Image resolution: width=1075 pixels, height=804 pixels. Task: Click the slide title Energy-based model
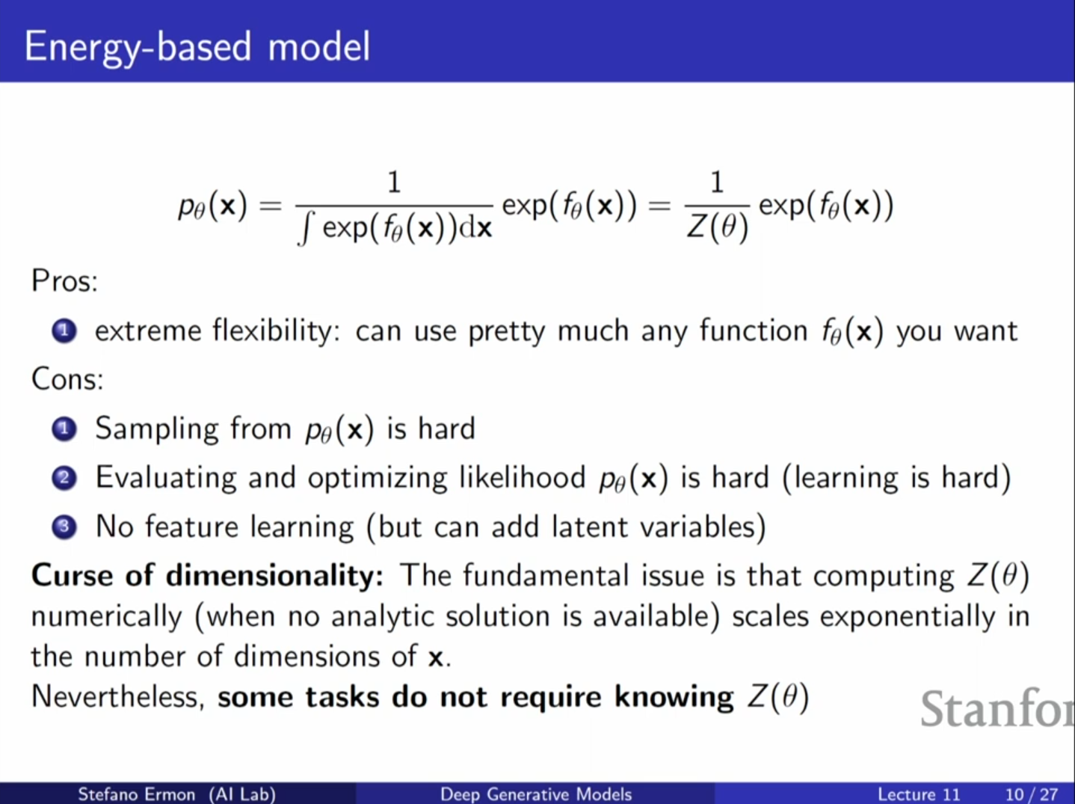(x=197, y=48)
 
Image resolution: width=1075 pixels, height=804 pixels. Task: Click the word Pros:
(x=64, y=281)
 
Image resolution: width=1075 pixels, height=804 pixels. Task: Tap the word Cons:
(x=67, y=379)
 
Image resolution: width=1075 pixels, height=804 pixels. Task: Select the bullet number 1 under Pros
(x=64, y=331)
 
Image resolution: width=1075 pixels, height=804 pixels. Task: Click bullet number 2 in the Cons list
(x=64, y=478)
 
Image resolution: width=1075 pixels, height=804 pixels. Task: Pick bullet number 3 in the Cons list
(x=64, y=527)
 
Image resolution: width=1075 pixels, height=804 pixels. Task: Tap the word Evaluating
(x=165, y=479)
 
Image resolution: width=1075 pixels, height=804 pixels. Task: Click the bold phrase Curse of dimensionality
(x=207, y=575)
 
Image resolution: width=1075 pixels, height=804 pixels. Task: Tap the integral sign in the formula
(x=304, y=229)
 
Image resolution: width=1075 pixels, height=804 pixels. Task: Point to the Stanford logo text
(x=997, y=708)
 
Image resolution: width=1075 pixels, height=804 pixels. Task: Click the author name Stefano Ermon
(x=137, y=794)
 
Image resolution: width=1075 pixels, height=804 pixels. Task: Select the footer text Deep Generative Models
(x=536, y=794)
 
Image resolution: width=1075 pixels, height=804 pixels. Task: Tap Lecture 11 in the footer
(x=919, y=794)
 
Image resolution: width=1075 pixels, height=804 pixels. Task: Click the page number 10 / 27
(x=1032, y=794)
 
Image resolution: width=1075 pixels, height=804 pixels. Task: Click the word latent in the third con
(x=589, y=527)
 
